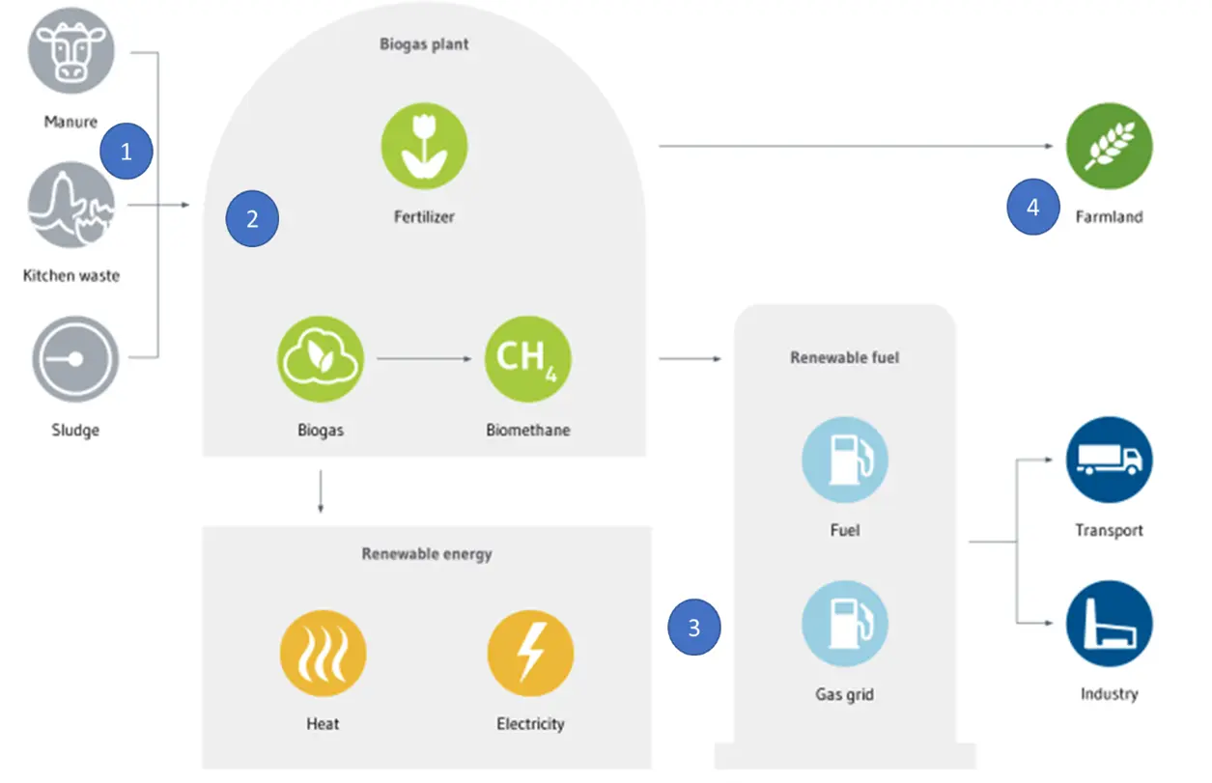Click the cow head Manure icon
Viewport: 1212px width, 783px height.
click(x=71, y=51)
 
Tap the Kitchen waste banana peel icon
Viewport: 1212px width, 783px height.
click(x=71, y=205)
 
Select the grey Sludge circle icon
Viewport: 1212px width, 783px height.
click(x=75, y=359)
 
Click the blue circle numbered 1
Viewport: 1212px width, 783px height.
click(x=127, y=151)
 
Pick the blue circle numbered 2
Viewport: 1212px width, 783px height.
click(x=252, y=218)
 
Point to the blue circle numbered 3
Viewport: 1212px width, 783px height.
click(x=694, y=628)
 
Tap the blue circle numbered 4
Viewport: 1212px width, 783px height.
click(x=1033, y=207)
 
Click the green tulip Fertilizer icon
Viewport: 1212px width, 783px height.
click(x=425, y=146)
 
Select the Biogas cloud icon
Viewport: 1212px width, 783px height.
click(x=321, y=359)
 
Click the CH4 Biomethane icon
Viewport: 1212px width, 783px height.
click(x=528, y=359)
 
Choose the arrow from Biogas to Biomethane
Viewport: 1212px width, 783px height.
click(x=424, y=358)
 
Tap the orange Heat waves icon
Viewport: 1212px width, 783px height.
click(x=323, y=654)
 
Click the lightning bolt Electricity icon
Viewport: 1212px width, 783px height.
click(x=531, y=654)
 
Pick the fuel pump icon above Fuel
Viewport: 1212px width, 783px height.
click(x=845, y=460)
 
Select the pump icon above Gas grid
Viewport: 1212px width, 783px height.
click(x=845, y=624)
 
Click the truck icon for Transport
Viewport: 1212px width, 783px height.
click(x=1110, y=460)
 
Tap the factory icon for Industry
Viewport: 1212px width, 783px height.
click(x=1110, y=624)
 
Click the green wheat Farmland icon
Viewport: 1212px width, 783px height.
click(x=1110, y=146)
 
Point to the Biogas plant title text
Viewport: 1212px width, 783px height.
click(x=424, y=44)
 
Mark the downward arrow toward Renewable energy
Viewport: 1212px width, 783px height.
click(x=321, y=491)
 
